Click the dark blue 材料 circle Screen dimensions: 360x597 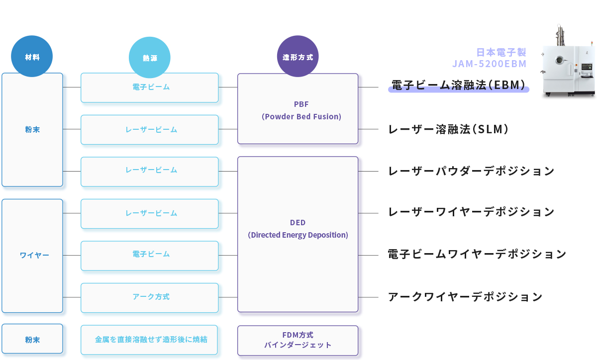[x=32, y=57]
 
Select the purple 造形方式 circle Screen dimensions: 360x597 [x=298, y=56]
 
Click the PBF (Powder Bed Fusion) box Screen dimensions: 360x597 [x=298, y=109]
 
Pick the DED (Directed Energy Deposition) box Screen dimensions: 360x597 [x=298, y=234]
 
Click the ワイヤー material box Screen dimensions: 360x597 [x=32, y=256]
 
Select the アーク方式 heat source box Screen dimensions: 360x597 [x=150, y=297]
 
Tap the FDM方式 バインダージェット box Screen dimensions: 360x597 [x=298, y=341]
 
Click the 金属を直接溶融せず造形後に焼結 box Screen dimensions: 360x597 [x=150, y=340]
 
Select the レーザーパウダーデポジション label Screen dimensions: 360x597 [x=471, y=171]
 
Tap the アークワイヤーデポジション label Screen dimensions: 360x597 [x=465, y=297]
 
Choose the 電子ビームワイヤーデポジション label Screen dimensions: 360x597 [x=477, y=255]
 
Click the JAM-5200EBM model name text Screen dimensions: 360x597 [x=489, y=64]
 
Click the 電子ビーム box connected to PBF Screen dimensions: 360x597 [x=150, y=88]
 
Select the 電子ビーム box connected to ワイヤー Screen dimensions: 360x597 [x=150, y=255]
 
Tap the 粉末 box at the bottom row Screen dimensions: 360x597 [x=32, y=340]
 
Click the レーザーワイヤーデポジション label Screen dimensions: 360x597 [x=471, y=212]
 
